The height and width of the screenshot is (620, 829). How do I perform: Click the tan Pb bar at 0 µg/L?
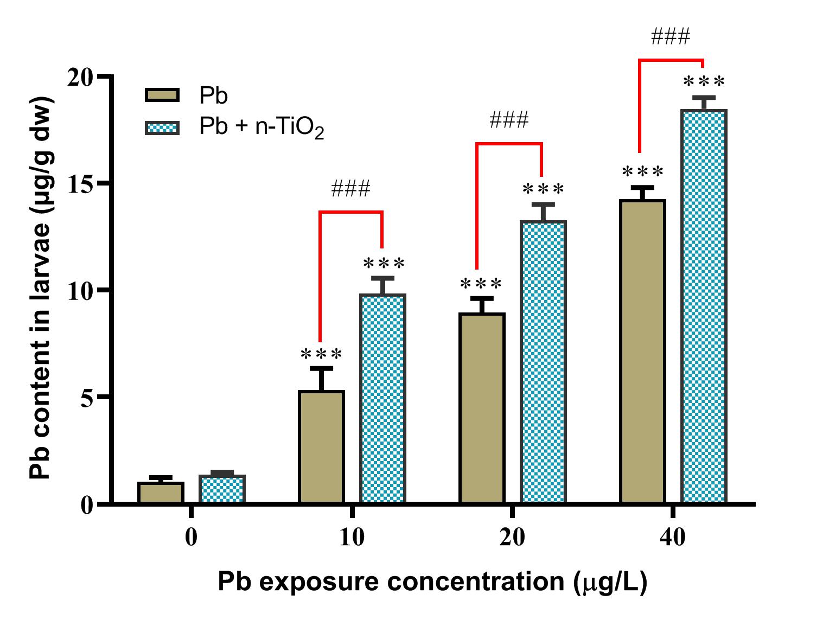161,493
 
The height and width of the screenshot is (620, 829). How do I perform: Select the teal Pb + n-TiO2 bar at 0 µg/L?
222,489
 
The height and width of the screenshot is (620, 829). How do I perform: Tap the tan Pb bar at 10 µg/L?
322,447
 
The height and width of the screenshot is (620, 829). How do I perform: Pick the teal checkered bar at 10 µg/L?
383,399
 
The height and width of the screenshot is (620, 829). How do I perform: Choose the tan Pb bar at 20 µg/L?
482,408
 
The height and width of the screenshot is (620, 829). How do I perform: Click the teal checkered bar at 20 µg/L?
543,362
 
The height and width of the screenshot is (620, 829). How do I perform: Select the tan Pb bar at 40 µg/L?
643,351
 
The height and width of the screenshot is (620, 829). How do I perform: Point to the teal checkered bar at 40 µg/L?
704,306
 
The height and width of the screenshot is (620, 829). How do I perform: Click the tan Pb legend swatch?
162,95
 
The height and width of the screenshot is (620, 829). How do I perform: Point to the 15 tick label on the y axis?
82,183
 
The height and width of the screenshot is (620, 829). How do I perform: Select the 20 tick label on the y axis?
82,76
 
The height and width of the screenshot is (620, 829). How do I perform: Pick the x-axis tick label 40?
673,538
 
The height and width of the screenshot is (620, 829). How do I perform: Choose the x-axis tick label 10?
352,538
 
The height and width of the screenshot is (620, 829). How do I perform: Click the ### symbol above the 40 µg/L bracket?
671,37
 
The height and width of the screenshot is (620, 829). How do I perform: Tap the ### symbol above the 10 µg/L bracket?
350,189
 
